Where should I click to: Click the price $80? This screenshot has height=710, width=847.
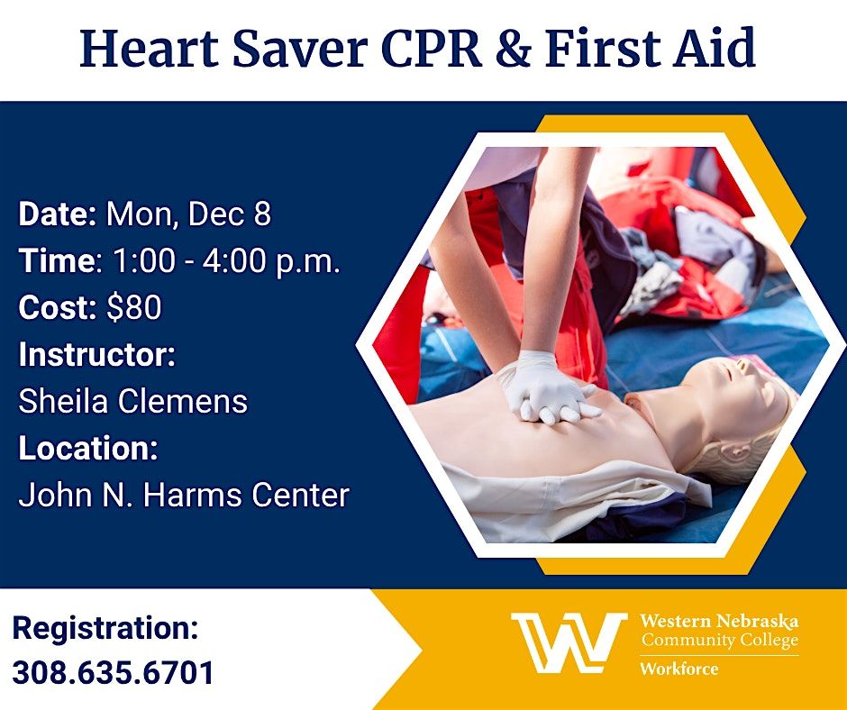(133, 308)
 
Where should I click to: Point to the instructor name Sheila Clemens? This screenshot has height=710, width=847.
(132, 401)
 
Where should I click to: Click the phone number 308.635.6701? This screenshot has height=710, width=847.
(114, 672)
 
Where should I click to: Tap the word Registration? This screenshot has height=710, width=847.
(105, 628)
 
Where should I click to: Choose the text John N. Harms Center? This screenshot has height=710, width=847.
(184, 495)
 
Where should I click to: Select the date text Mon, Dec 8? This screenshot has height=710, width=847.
(188, 214)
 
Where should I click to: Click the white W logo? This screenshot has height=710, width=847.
(568, 642)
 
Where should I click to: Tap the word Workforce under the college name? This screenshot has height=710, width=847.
(680, 669)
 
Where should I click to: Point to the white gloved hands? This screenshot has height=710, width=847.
(545, 389)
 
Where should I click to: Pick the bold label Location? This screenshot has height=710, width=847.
(87, 448)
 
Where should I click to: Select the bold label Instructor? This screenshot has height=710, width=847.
(96, 354)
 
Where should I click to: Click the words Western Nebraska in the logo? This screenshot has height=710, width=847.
(718, 622)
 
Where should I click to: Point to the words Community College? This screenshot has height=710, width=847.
(718, 641)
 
